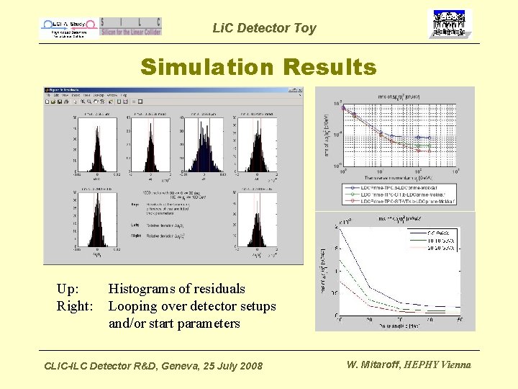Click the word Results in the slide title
[330, 67]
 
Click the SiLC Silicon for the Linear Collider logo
[131, 27]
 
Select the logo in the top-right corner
[450, 24]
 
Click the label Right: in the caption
[76, 306]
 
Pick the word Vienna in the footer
[455, 365]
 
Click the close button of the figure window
[299, 91]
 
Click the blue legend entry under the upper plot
[399, 187]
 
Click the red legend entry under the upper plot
[399, 202]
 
